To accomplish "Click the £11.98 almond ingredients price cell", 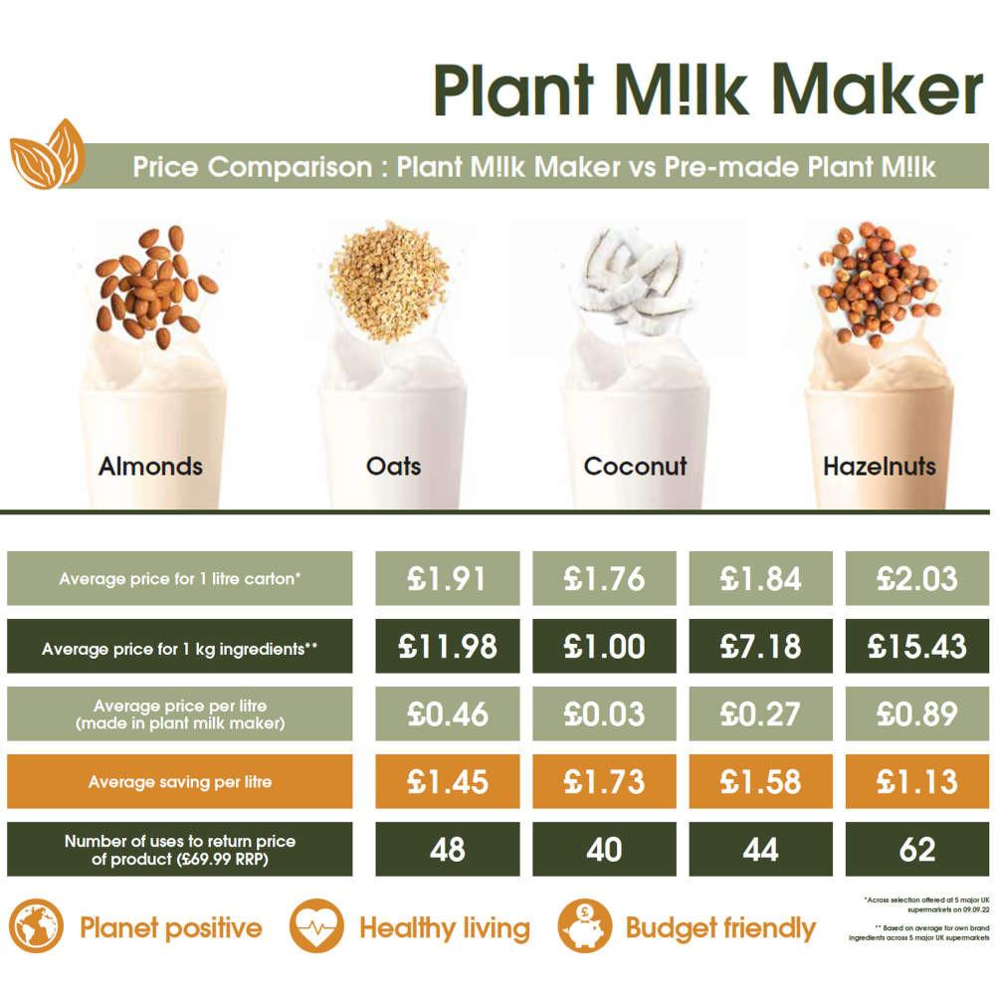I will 448,647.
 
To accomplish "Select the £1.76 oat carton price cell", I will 604,578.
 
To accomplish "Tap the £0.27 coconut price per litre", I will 761,714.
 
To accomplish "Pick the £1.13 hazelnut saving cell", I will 917,782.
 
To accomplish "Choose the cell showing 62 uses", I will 917,850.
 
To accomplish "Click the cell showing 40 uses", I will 604,850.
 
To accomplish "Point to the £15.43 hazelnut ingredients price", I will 917,647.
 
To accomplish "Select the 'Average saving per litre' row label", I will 180,782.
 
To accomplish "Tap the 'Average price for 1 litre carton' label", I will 180,578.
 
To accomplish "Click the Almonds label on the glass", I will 150,466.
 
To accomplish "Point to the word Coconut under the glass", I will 636,466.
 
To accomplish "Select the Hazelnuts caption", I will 880,466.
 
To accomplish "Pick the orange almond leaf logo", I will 47,154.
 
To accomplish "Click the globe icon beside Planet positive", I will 37,927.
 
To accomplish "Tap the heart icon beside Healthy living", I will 316,927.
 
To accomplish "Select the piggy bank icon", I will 584,927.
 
